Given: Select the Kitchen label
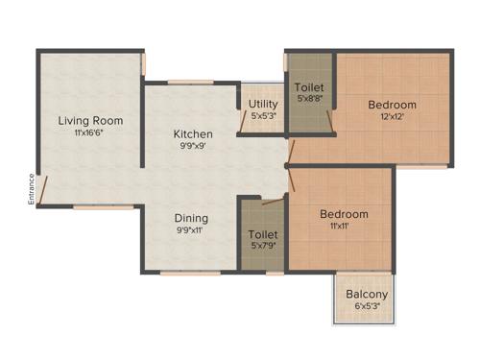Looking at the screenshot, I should coord(193,133).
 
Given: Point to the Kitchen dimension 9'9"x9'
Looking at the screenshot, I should coord(193,147).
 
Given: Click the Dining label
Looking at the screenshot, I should coord(192,218).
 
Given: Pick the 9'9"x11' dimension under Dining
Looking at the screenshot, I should coord(192,231).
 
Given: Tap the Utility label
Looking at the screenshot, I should coord(263,104).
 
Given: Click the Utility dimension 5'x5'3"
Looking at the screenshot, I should coord(263,116).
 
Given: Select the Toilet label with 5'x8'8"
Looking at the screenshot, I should coord(309,86).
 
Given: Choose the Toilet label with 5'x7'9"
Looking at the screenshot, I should coord(263,234).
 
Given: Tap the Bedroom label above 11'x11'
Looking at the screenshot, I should coord(344,214).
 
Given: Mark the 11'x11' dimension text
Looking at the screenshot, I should coord(344,228).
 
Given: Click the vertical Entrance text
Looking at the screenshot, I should coord(31,188).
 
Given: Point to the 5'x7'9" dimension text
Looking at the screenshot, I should coord(263,247).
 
